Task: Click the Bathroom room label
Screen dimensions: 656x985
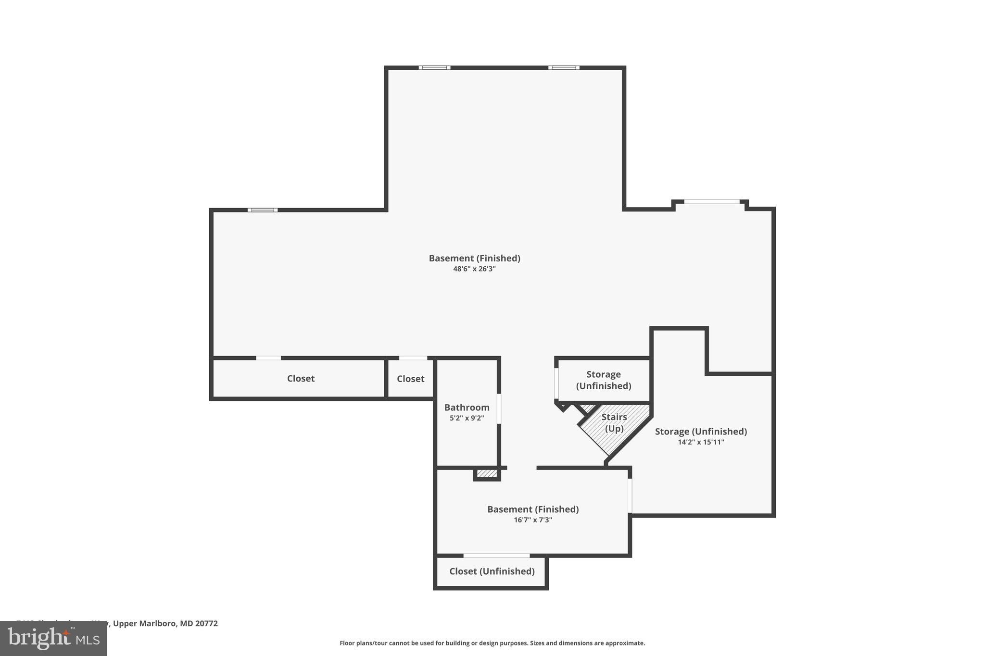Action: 467,408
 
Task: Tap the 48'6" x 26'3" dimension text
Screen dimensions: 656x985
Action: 474,269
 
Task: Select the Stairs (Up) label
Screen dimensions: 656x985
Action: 614,422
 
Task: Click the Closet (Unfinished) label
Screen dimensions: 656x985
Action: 492,571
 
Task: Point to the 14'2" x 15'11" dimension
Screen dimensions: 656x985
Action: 701,442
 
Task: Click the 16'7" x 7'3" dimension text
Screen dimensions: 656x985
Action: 532,520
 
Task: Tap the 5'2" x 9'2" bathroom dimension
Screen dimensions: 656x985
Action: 467,418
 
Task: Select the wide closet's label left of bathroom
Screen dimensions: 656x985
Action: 301,379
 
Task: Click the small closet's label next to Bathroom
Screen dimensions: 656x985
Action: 410,379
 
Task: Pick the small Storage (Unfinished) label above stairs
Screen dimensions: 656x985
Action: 604,380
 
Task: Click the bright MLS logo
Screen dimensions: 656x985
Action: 53,638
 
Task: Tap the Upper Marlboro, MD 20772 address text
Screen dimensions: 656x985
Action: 165,623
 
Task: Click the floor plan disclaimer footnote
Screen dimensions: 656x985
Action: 492,643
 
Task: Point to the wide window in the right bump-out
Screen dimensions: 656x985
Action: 711,202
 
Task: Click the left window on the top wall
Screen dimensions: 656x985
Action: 434,68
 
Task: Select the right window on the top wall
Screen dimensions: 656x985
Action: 564,68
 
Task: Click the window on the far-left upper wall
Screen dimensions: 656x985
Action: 263,210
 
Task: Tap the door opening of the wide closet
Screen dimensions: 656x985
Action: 268,358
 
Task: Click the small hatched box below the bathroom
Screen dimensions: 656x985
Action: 487,474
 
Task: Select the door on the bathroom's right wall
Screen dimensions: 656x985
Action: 499,408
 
